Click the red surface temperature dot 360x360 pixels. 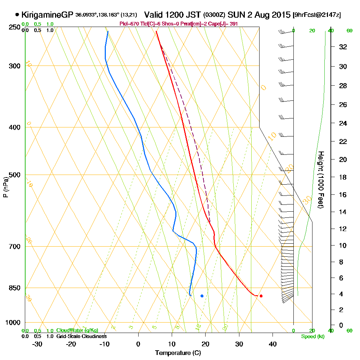(x=261, y=296)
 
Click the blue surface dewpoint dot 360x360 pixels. (x=202, y=296)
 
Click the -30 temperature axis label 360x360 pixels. (x=37, y=344)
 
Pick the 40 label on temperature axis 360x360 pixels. (x=273, y=344)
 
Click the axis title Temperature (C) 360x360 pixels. (x=178, y=353)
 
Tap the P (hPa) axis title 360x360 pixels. (x=5, y=187)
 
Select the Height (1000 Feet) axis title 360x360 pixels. (x=320, y=180)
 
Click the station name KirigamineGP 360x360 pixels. (x=47, y=15)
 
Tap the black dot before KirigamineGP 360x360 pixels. (x=17, y=15)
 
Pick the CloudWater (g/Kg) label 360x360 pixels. (x=77, y=330)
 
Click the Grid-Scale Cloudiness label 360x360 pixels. (x=81, y=336)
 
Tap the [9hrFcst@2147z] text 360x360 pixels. (x=317, y=15)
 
